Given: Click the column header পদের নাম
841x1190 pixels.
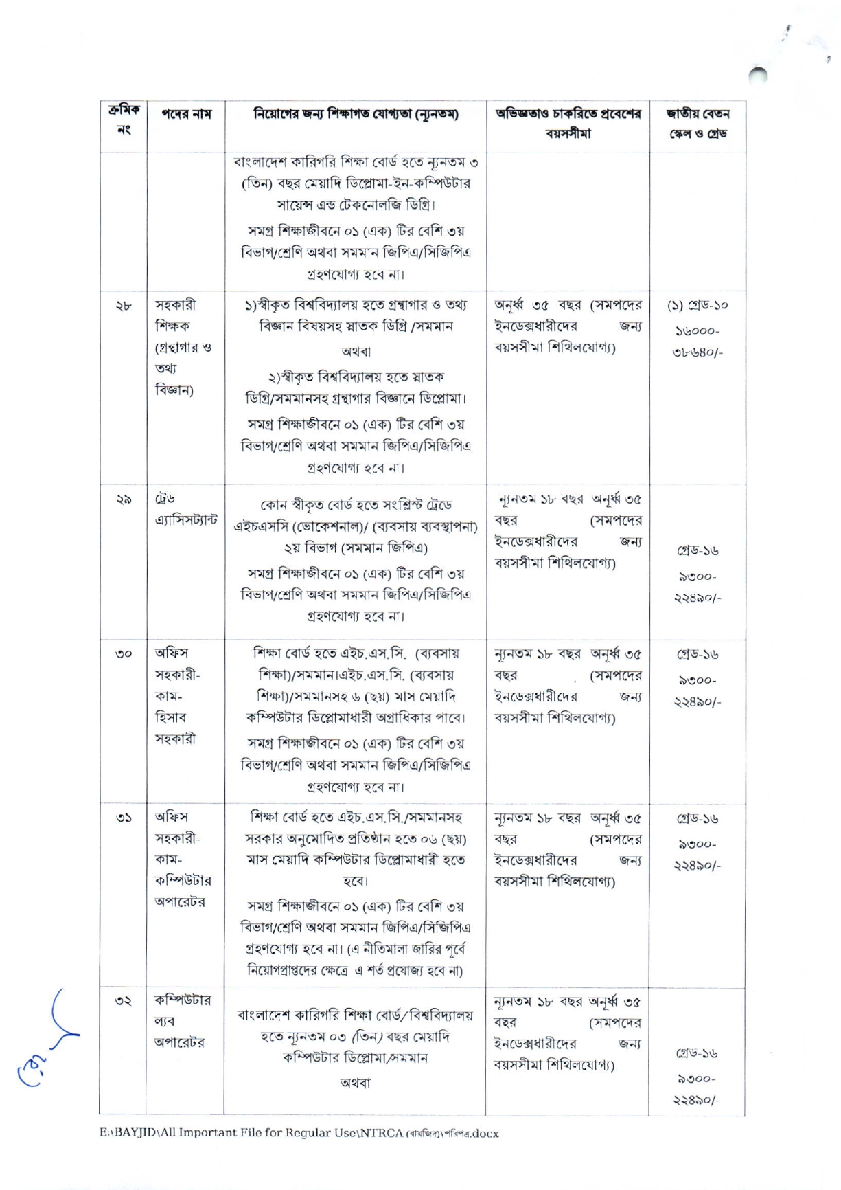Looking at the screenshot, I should [x=186, y=114].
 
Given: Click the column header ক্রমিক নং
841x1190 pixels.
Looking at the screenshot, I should [x=124, y=120].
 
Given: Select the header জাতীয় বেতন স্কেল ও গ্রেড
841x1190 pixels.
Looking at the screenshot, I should [x=697, y=123].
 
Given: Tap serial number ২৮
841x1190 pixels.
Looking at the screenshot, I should [x=124, y=306].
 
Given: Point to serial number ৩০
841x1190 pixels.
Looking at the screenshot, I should [x=124, y=654].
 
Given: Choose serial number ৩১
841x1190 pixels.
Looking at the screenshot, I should [x=124, y=818].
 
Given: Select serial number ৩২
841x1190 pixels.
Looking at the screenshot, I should [x=124, y=1002].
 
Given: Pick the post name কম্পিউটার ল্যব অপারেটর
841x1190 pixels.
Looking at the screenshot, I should [x=183, y=1021].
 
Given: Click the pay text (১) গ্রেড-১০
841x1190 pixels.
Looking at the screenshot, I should [x=697, y=305].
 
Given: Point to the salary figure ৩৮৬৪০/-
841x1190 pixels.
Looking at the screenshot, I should [x=697, y=353].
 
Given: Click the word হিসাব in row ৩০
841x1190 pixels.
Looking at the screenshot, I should [x=170, y=717].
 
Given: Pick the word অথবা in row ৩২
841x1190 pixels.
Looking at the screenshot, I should [x=355, y=1084].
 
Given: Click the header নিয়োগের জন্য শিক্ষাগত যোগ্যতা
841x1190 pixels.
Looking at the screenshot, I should [x=356, y=114].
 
